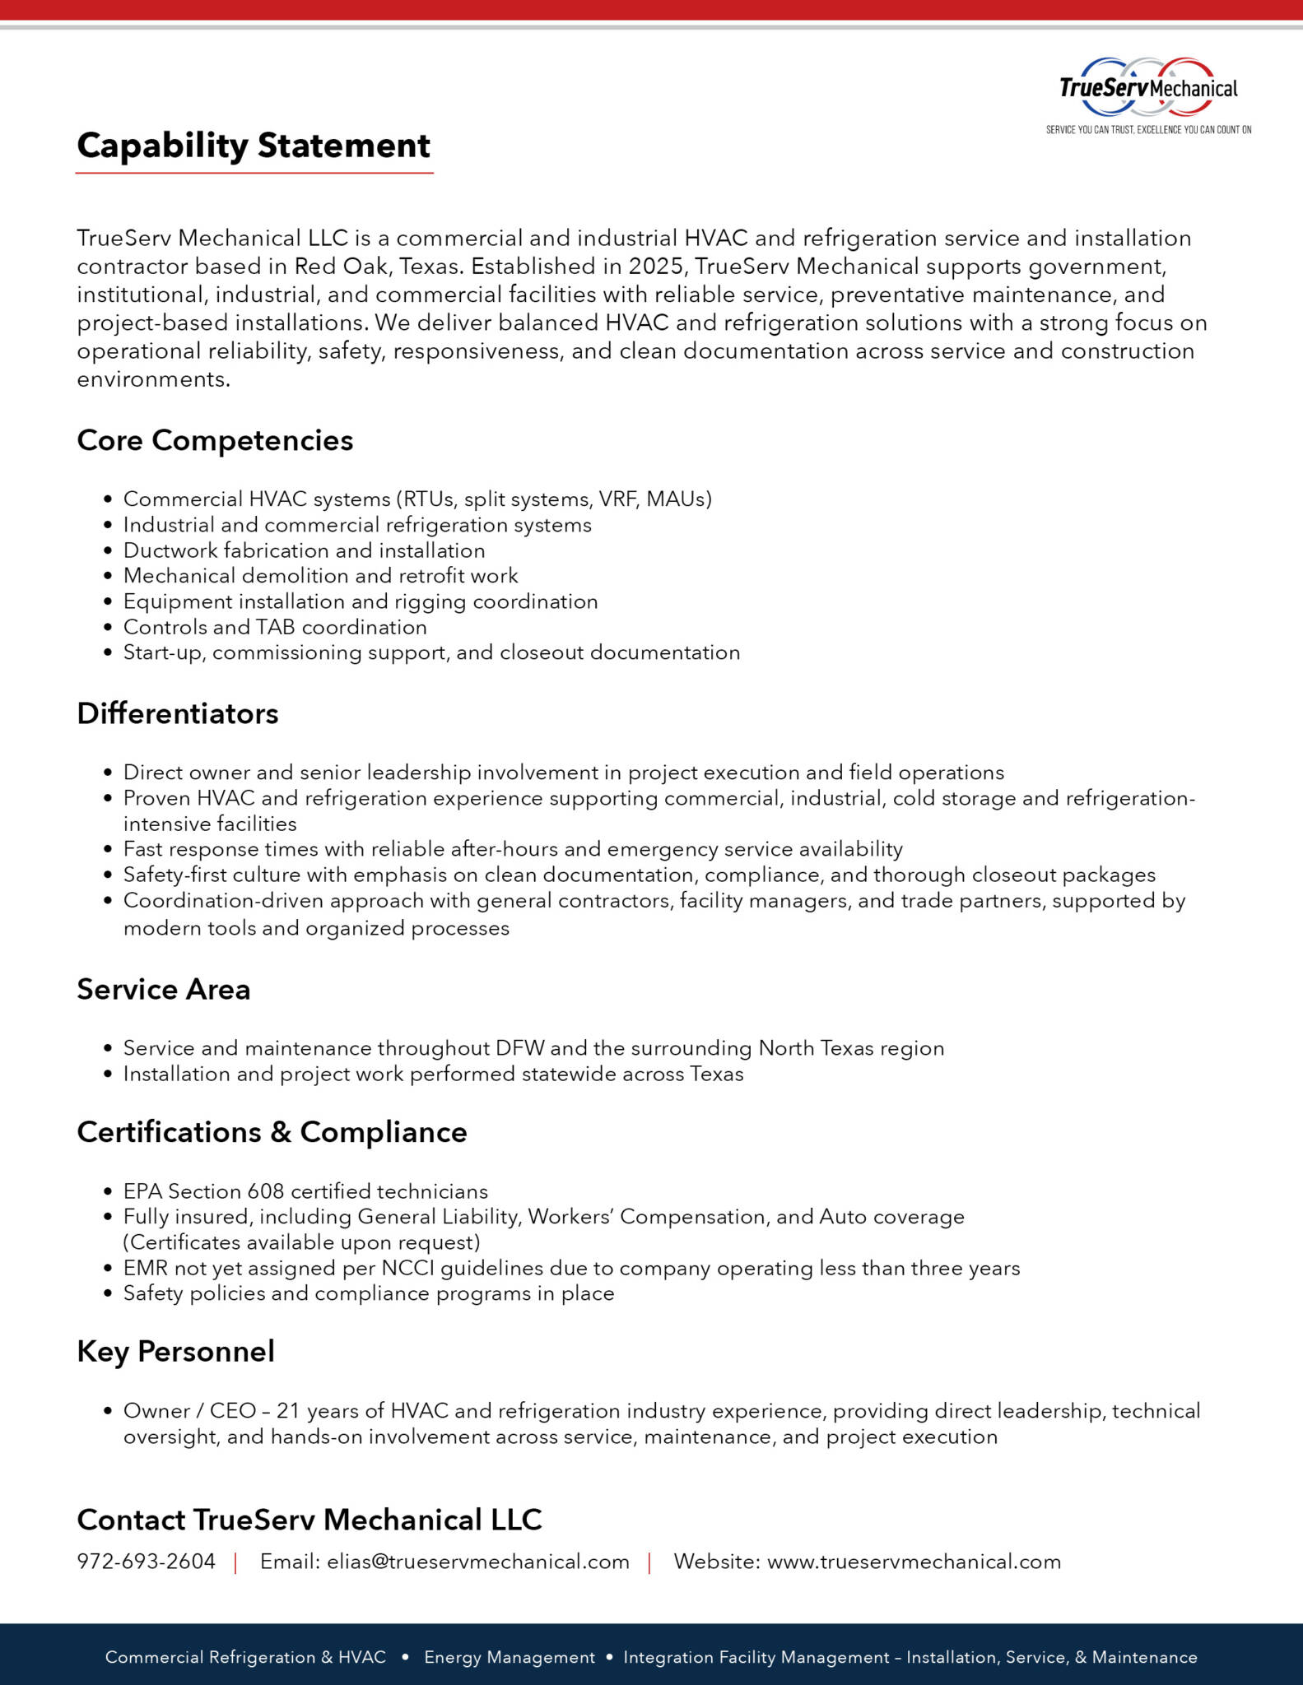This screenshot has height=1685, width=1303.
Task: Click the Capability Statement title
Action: pos(254,146)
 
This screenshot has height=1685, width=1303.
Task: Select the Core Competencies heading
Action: pos(215,441)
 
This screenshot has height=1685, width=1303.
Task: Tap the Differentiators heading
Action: pos(178,713)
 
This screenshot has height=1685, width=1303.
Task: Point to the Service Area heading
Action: pos(164,989)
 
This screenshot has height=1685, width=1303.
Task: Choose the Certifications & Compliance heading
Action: pos(272,1132)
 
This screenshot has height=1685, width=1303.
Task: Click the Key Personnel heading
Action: pos(175,1352)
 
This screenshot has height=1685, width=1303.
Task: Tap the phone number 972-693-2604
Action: pos(147,1562)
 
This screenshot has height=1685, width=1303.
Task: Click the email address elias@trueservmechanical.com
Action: pos(478,1562)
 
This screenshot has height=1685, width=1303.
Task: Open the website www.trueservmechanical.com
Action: pos(914,1562)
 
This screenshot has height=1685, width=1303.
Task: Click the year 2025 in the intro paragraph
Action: pos(656,267)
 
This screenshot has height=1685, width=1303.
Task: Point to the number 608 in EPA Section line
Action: pos(266,1191)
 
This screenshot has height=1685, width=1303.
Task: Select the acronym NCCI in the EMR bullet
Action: pos(407,1268)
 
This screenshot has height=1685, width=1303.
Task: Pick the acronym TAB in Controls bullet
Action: pos(276,627)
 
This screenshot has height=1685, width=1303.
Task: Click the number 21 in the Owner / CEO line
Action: pos(287,1411)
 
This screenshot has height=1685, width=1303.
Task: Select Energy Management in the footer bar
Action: pos(509,1657)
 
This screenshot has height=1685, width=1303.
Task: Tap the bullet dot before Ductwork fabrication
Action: pos(108,551)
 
